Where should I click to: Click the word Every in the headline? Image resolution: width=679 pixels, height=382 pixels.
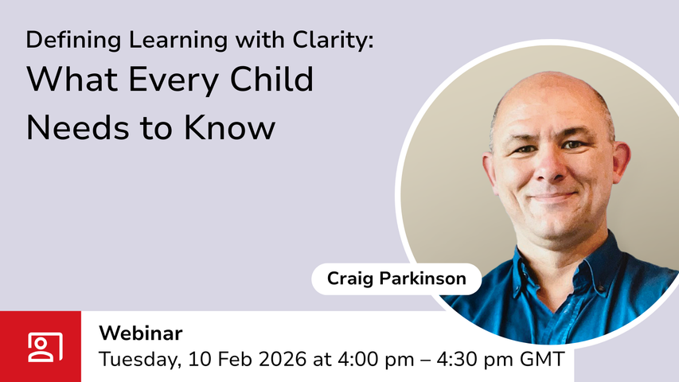[x=176, y=80]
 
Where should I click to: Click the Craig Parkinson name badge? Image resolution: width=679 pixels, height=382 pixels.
[x=396, y=279]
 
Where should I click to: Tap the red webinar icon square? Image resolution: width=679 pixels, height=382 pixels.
[x=41, y=346]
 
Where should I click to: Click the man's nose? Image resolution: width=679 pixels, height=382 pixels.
[x=549, y=169]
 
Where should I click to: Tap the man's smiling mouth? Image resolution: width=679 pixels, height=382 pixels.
[x=552, y=196]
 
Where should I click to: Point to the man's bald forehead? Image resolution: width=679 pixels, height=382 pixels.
[x=549, y=99]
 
